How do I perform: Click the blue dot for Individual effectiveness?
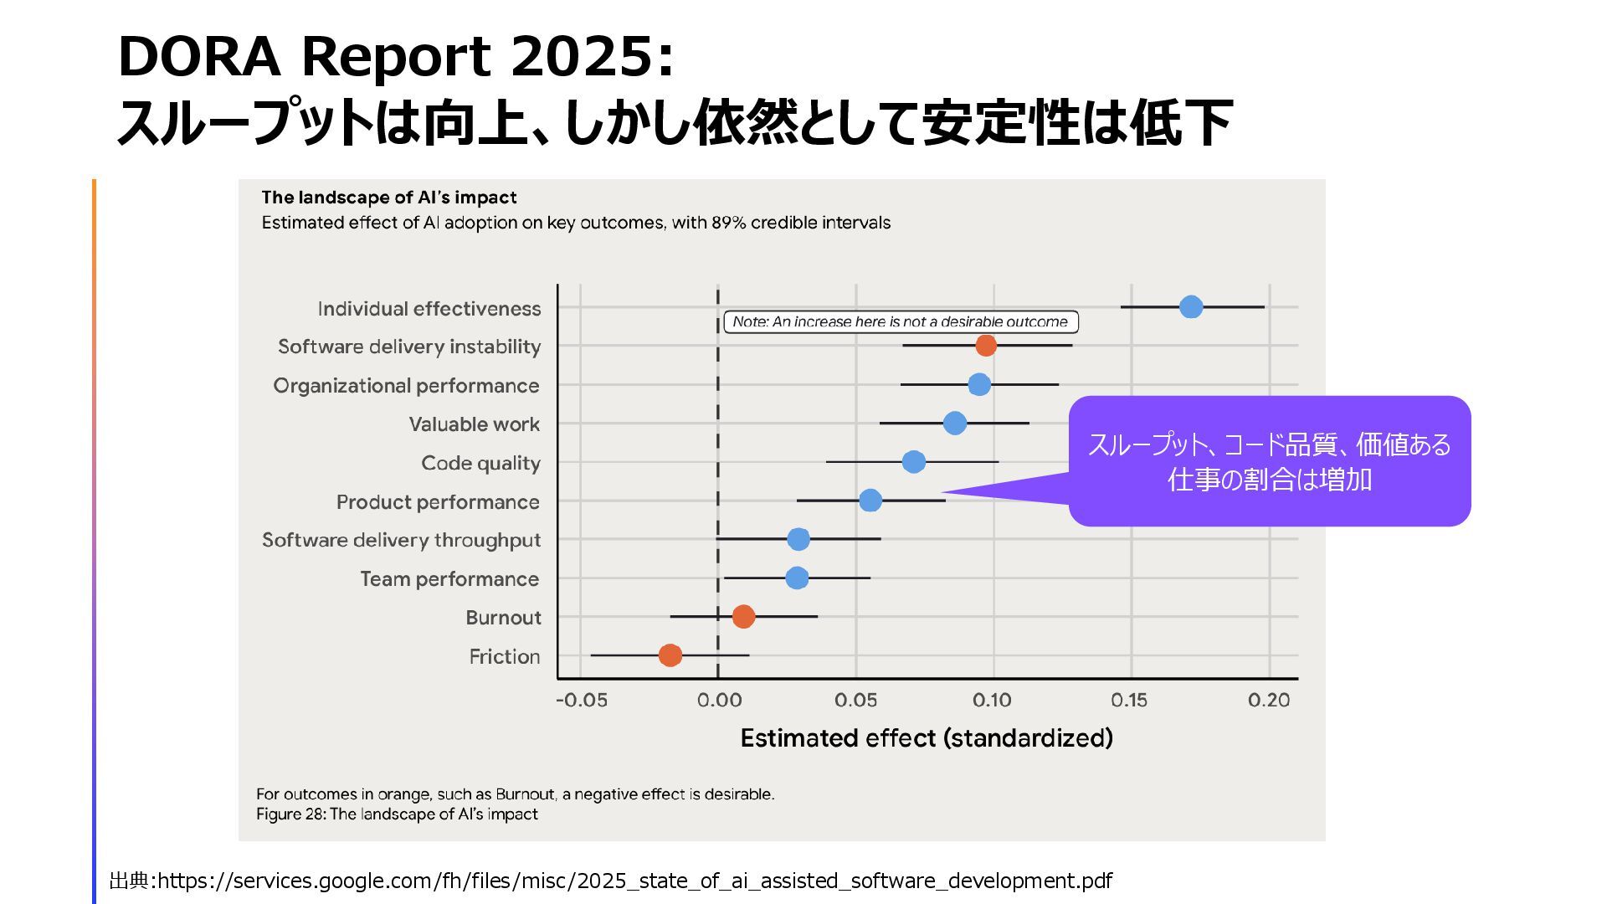(x=1190, y=307)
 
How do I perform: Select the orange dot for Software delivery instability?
(x=986, y=345)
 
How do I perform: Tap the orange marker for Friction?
(x=670, y=655)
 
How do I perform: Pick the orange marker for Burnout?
(x=743, y=617)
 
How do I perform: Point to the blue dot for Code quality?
(x=913, y=462)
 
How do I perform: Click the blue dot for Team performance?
(x=797, y=578)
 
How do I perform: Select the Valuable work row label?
(x=474, y=424)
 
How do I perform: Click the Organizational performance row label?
(x=406, y=386)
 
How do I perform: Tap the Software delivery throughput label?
(x=401, y=540)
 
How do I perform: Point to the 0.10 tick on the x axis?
(x=992, y=701)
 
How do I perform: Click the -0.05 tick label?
(x=582, y=701)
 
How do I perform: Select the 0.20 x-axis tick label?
(x=1268, y=701)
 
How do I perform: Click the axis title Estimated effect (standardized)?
(x=927, y=738)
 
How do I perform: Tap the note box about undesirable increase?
(x=900, y=322)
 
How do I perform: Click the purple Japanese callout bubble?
(x=1269, y=461)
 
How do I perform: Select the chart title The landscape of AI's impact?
(x=388, y=198)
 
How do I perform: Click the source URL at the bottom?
(x=634, y=881)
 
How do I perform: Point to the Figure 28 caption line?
(x=397, y=814)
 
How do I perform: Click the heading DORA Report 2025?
(x=395, y=57)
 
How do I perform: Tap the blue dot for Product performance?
(x=870, y=501)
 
